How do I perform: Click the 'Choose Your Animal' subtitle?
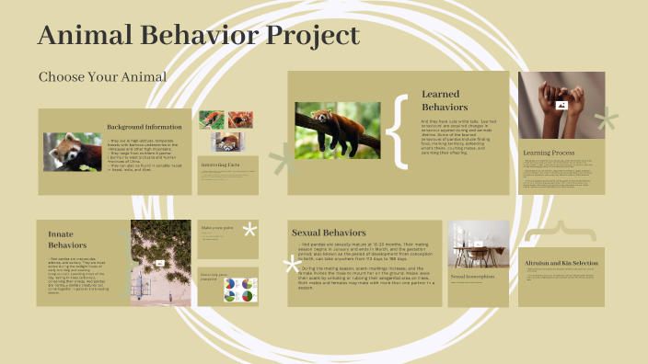pyautogui.click(x=102, y=76)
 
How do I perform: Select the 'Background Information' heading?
pyautogui.click(x=144, y=126)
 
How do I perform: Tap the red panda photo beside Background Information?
pyautogui.click(x=73, y=152)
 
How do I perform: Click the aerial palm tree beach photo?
pyautogui.click(x=160, y=263)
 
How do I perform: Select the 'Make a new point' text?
pyautogui.click(x=219, y=227)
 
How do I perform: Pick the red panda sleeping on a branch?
pyautogui.click(x=337, y=130)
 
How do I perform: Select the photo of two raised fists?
pyautogui.click(x=561, y=105)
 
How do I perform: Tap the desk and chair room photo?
pyautogui.click(x=478, y=245)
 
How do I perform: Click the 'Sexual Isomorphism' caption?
pyautogui.click(x=473, y=276)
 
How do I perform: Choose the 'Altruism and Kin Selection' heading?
pyautogui.click(x=560, y=263)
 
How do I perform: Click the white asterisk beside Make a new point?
pyautogui.click(x=249, y=230)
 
